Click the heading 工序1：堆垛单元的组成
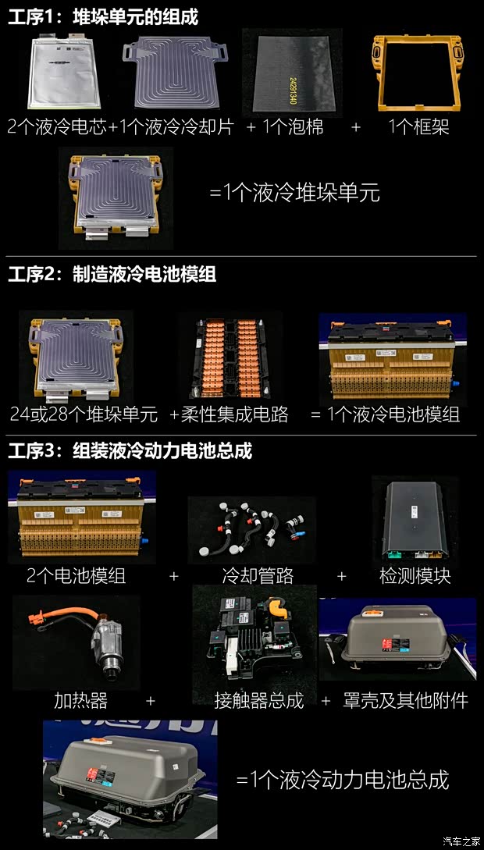(103, 17)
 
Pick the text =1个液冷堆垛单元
(294, 193)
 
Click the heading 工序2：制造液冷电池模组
(112, 275)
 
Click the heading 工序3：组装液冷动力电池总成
(130, 451)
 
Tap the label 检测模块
(415, 576)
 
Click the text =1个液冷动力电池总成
(343, 778)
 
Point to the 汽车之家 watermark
(461, 841)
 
